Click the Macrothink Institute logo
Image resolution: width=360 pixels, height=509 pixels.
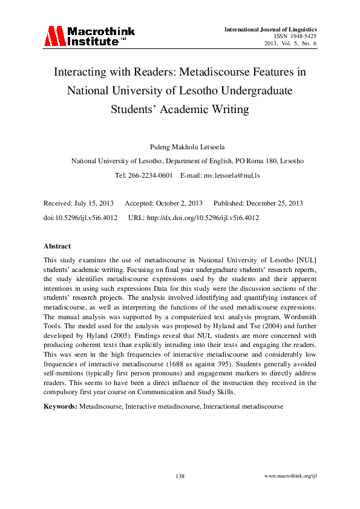89,36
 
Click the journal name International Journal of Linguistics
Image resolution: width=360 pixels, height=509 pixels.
270,29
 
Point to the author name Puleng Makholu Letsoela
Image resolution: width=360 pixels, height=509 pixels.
180,147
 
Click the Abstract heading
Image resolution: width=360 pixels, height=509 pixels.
57,246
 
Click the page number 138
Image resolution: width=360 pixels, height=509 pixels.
180,477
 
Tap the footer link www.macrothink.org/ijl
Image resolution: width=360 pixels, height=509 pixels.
290,477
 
